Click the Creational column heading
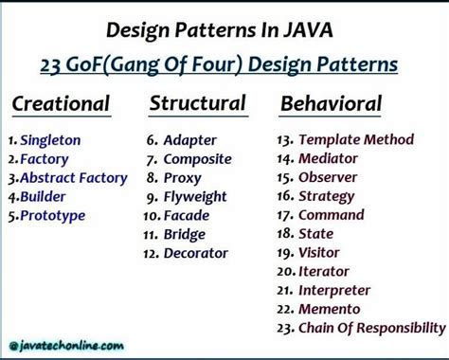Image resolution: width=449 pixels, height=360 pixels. [x=61, y=103]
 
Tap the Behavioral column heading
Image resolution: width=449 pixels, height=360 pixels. [x=331, y=103]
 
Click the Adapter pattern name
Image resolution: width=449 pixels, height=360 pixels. [x=189, y=140]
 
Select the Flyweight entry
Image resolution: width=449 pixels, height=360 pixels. [x=195, y=196]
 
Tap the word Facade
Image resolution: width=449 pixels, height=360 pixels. [x=187, y=215]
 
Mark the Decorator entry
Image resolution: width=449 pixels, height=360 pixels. [x=196, y=253]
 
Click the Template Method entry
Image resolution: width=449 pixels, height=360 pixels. [x=355, y=139]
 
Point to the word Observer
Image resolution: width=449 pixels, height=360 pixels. [x=328, y=177]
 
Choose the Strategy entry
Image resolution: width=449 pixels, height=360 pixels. [x=327, y=196]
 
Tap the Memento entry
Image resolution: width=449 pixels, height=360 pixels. [x=329, y=309]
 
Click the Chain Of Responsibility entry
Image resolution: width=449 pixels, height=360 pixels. [x=370, y=328]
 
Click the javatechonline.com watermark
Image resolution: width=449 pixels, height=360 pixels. [x=65, y=347]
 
